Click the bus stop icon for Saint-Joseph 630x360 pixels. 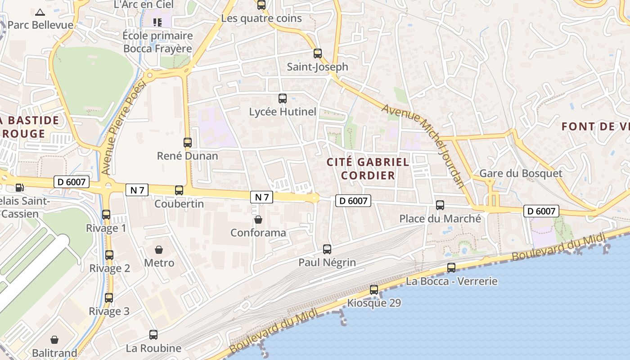click(318, 54)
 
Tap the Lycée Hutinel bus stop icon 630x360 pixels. click(283, 98)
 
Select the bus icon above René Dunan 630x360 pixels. click(188, 143)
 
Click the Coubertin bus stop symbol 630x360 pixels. click(179, 190)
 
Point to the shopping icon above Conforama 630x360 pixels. click(258, 220)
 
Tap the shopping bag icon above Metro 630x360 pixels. click(159, 249)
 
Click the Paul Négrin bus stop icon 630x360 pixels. click(327, 249)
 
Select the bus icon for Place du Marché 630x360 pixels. click(440, 205)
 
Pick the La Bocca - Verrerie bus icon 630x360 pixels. click(451, 268)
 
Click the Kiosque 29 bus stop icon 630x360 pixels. click(374, 290)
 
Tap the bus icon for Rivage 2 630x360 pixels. click(109, 255)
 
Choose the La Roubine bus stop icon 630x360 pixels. click(153, 335)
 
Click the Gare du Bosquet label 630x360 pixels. click(521, 173)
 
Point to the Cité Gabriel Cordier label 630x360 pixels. click(368, 168)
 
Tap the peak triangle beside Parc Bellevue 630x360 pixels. click(40, 12)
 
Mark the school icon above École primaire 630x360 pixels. click(157, 22)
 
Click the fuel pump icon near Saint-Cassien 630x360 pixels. click(19, 187)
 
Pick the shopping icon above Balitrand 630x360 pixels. click(54, 339)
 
